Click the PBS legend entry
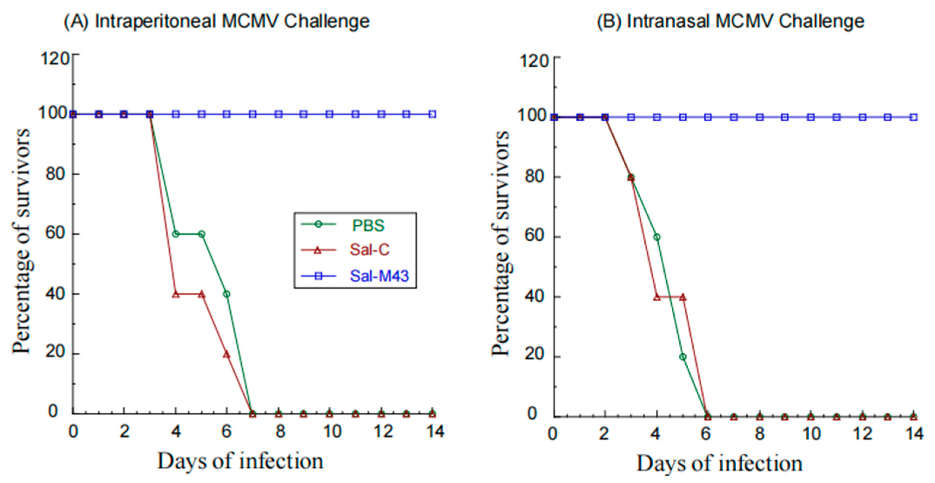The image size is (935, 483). click(x=368, y=225)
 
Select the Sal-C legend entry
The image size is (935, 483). click(x=369, y=250)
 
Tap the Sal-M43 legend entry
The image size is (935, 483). click(x=379, y=276)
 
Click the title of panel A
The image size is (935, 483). click(x=217, y=21)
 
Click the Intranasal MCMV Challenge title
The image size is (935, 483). click(x=730, y=21)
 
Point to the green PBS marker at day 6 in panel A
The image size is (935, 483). click(x=227, y=294)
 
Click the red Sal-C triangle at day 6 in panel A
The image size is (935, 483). click(x=227, y=354)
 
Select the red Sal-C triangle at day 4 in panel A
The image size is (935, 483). click(x=176, y=294)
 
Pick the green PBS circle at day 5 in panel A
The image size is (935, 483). click(x=201, y=234)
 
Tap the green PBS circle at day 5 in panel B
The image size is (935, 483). click(x=683, y=357)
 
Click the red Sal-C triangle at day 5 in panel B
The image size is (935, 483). click(x=683, y=297)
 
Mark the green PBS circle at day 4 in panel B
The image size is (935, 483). click(x=657, y=237)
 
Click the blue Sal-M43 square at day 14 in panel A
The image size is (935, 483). click(x=432, y=115)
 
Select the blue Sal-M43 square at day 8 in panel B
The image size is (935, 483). click(x=759, y=117)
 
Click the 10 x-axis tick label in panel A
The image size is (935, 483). click(x=332, y=432)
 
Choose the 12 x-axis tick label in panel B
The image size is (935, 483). click(x=862, y=434)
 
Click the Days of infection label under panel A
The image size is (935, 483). click(x=240, y=462)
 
